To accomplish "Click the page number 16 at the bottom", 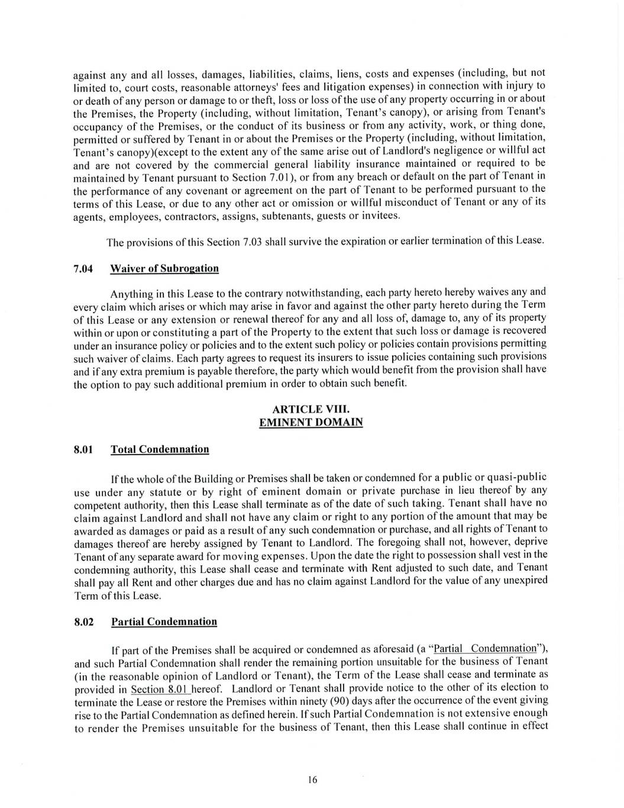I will pyautogui.click(x=312, y=780).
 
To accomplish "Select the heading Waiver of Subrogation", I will pyautogui.click(x=164, y=269).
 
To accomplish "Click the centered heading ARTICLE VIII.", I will pyautogui.click(x=311, y=409).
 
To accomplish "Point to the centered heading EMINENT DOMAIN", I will pyautogui.click(x=311, y=422).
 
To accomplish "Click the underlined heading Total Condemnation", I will pyautogui.click(x=160, y=449).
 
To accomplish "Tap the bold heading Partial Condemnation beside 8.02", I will pyautogui.click(x=164, y=622).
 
